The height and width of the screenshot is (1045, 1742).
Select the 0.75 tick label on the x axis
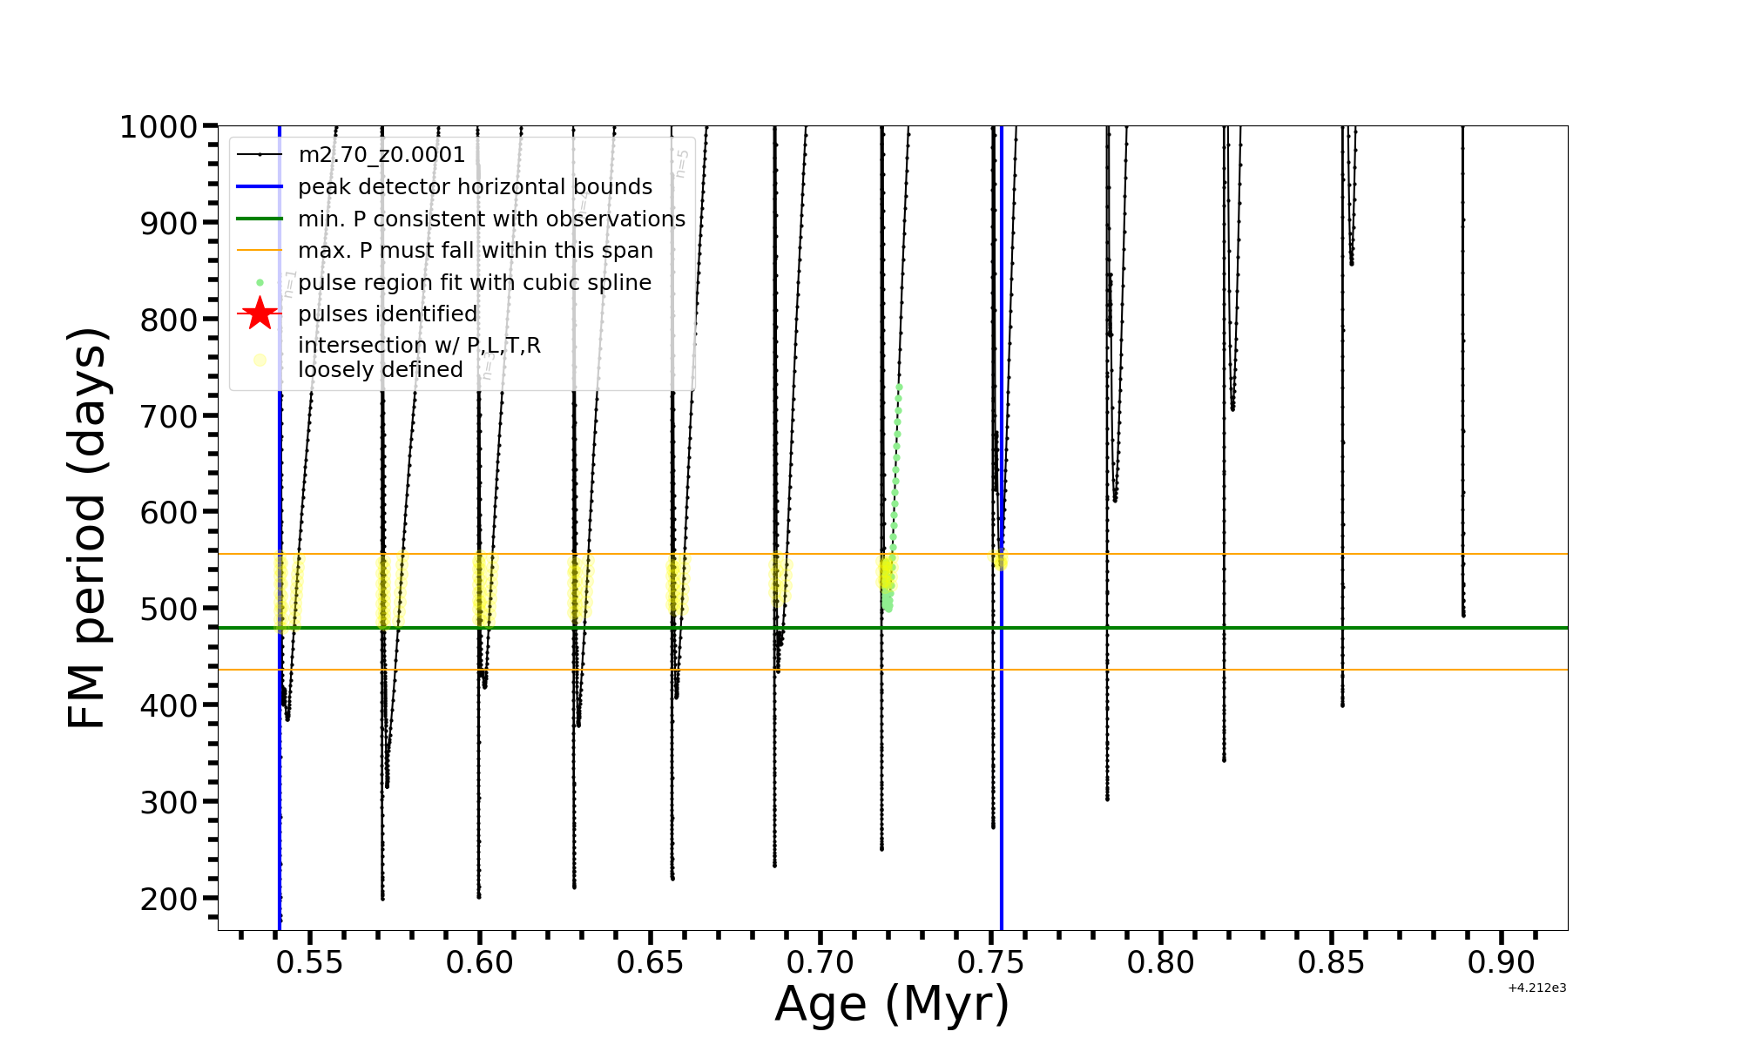tap(990, 963)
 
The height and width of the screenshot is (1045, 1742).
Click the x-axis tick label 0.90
tap(1502, 963)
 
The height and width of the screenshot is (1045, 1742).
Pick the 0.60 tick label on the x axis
tap(479, 963)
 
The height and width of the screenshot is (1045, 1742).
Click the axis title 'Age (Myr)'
tap(892, 1004)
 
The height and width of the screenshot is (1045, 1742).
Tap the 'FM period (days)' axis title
tap(88, 528)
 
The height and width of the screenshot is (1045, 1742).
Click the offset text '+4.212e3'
tap(1536, 988)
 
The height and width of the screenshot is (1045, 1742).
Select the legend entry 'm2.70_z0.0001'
tap(381, 155)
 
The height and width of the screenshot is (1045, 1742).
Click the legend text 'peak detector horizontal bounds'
tap(475, 187)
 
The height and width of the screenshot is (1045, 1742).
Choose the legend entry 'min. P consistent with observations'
tap(491, 219)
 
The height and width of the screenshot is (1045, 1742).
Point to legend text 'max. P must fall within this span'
tap(475, 251)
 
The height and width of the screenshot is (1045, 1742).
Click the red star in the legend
tap(260, 313)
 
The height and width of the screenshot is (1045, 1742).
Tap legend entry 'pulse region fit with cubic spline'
tap(474, 282)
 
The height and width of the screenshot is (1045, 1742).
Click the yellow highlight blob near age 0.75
tap(1000, 561)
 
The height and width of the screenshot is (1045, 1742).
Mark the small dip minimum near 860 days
tap(1351, 261)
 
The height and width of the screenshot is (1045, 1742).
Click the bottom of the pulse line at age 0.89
tap(1463, 615)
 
